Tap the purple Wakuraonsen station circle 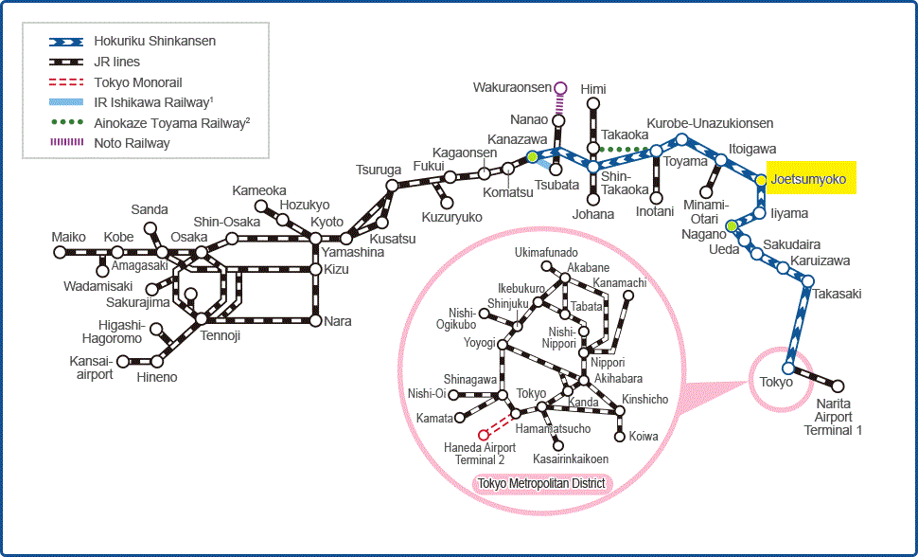[x=560, y=88]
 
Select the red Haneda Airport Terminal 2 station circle [x=483, y=435]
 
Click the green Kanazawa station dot [x=532, y=156]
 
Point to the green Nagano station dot [x=732, y=225]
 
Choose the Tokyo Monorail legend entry [x=115, y=82]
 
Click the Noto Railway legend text [x=132, y=144]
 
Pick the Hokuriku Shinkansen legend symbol [x=66, y=42]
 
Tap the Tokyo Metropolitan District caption [x=541, y=484]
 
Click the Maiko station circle [x=60, y=252]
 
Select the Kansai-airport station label [x=92, y=368]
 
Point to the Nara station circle [x=315, y=321]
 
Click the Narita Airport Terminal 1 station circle [x=838, y=386]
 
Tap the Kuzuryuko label [x=452, y=217]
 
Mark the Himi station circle [x=593, y=104]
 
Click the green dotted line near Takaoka [x=625, y=150]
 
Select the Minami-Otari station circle [x=707, y=191]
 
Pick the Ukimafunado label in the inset [x=546, y=253]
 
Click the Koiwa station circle [x=620, y=436]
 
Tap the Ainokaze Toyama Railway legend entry [x=150, y=123]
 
